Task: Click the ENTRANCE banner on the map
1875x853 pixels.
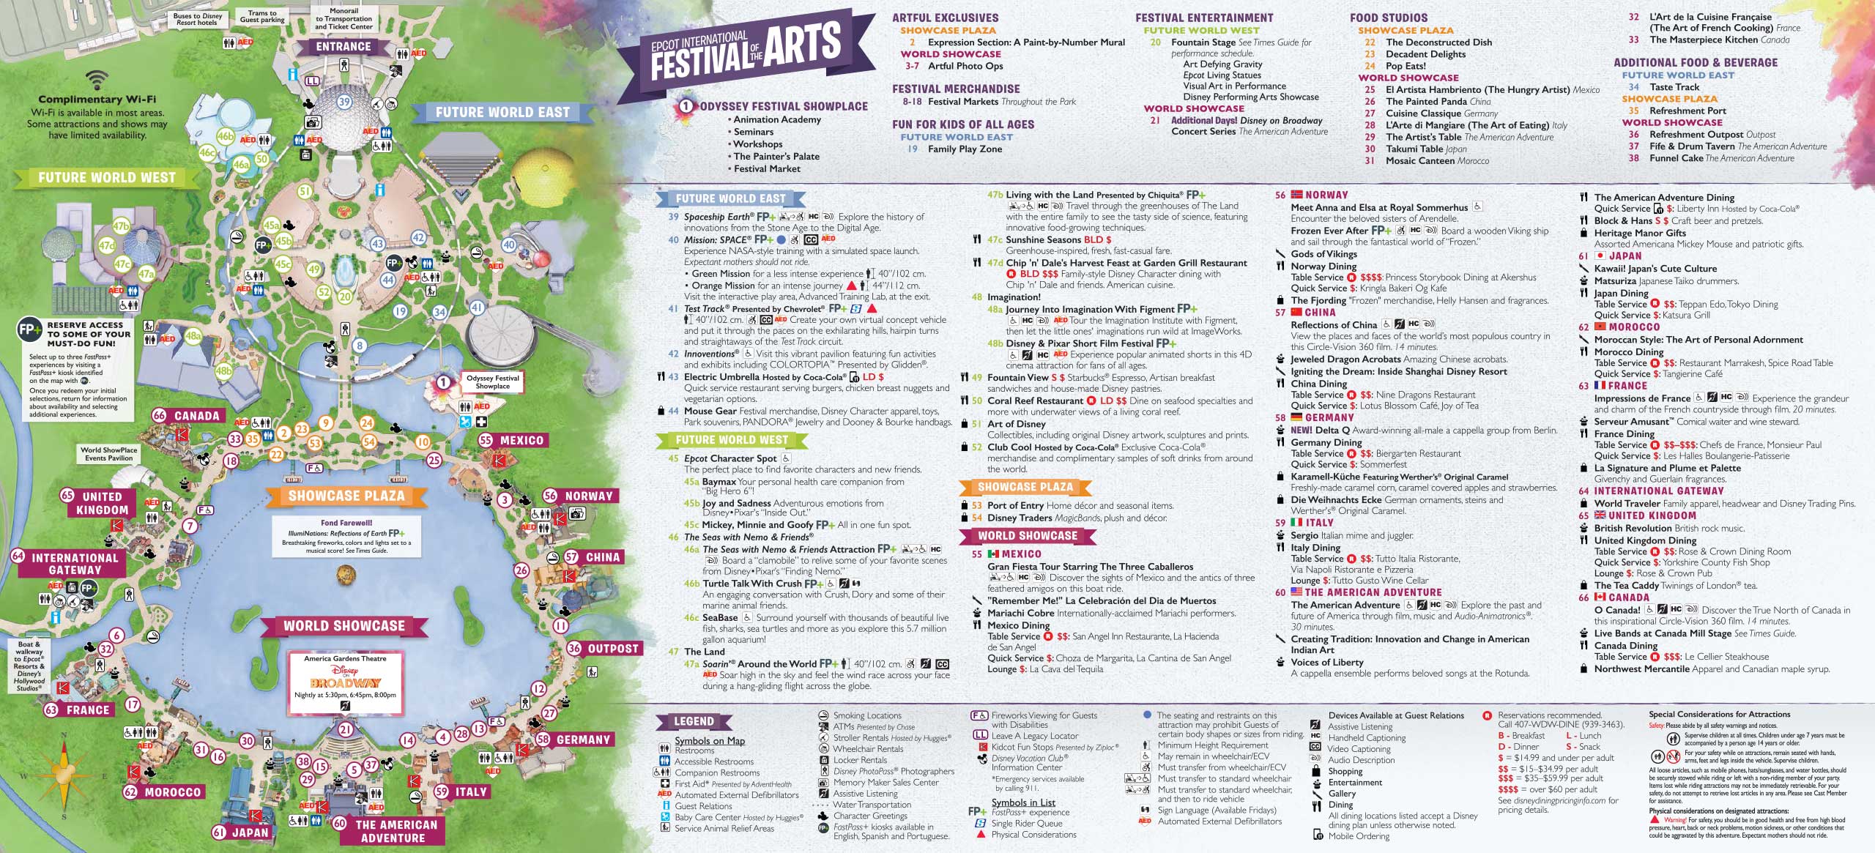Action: (x=344, y=47)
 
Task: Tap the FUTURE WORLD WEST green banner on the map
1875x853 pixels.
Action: (x=107, y=178)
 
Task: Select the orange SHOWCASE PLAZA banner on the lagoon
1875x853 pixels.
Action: (x=346, y=496)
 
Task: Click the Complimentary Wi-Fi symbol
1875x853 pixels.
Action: (x=97, y=80)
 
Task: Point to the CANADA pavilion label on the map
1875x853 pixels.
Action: (x=196, y=416)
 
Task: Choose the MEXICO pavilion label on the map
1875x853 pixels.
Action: (x=521, y=440)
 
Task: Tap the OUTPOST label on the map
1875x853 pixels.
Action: (x=612, y=649)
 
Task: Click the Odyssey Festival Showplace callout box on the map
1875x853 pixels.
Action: (x=492, y=381)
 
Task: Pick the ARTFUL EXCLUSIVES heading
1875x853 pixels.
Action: (x=945, y=18)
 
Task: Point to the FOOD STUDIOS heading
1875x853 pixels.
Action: (x=1389, y=18)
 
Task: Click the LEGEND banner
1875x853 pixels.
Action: (x=693, y=721)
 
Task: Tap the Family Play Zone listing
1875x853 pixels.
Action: (x=965, y=149)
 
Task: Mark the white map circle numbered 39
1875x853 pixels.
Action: (x=344, y=103)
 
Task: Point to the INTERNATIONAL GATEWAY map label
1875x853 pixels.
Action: (x=75, y=564)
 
